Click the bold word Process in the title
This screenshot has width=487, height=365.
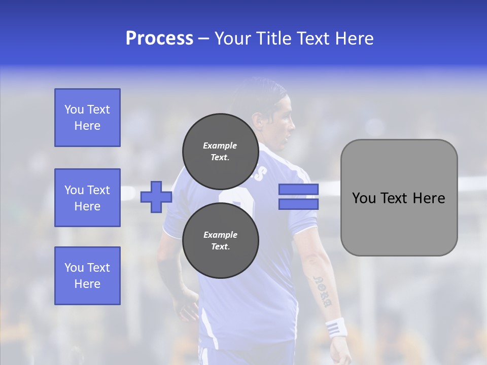tap(159, 38)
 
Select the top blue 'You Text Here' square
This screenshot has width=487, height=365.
tap(87, 118)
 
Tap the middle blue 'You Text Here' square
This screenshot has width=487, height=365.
tap(87, 198)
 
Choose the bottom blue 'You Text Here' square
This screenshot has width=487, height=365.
tap(87, 275)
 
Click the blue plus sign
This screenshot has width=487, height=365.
tap(156, 197)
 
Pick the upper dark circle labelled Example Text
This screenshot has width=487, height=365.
tap(220, 151)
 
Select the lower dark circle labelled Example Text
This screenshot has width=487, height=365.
tap(220, 240)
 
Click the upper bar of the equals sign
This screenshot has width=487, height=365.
tap(298, 190)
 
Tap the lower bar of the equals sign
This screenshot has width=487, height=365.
tap(298, 204)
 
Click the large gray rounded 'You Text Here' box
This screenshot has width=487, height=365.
tap(399, 197)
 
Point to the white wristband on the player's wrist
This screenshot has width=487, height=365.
tap(336, 327)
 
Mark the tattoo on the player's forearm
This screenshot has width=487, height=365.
tap(323, 292)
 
